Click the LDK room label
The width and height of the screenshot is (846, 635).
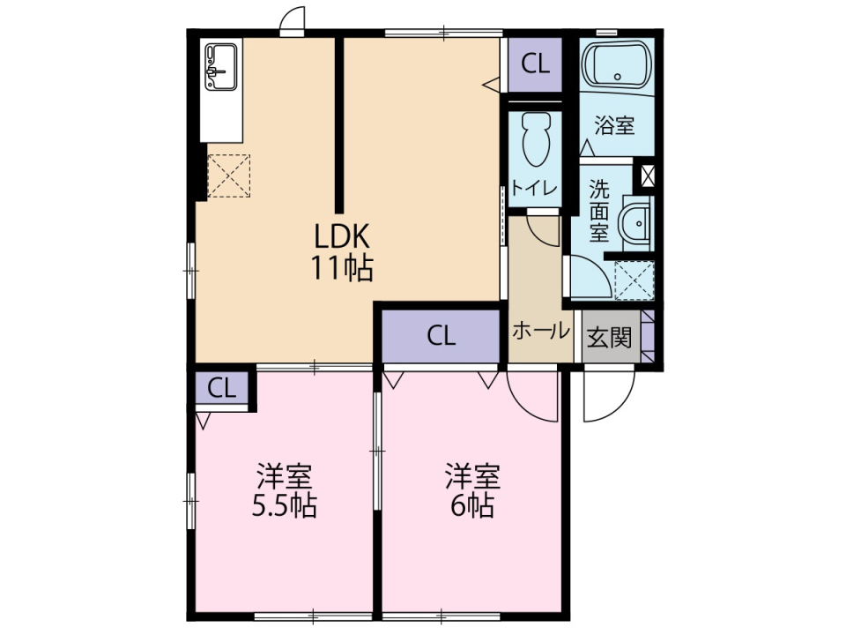coord(341,236)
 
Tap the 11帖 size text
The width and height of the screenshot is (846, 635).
coord(341,268)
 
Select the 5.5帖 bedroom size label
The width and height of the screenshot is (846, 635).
coord(285,506)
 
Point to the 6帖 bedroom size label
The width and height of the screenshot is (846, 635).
coord(472,506)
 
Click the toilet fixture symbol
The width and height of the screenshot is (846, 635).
coord(536,138)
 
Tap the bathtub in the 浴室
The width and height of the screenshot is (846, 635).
coord(617,63)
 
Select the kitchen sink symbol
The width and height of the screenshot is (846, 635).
coord(221,67)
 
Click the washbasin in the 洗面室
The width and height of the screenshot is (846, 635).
coord(635,222)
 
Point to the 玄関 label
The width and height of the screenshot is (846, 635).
coord(609,338)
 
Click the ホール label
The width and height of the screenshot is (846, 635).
coord(540,331)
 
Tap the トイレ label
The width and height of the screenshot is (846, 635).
coord(534,189)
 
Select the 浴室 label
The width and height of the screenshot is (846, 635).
coord(614,126)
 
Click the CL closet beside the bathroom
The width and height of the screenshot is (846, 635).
coord(535,64)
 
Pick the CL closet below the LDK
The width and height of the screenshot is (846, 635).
coord(441,336)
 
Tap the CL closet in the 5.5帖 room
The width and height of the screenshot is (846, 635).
coord(222,388)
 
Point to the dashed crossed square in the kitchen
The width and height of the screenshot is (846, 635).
coord(229,176)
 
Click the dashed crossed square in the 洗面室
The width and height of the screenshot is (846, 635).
coord(634,280)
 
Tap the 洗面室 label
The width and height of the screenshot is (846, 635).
coord(599,211)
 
